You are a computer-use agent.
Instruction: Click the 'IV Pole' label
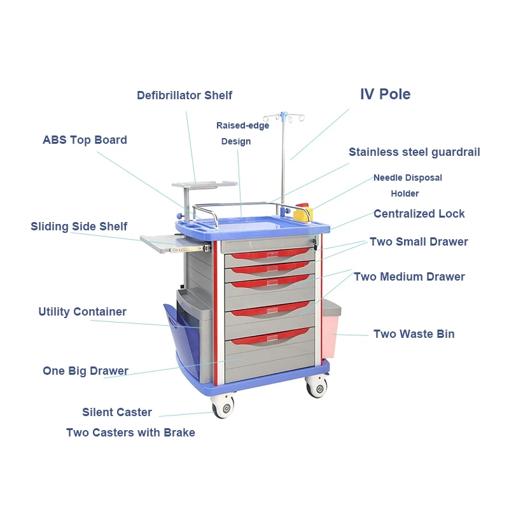pos(385,95)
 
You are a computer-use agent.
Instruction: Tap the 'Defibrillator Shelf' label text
pos(185,95)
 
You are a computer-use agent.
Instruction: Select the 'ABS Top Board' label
pos(85,140)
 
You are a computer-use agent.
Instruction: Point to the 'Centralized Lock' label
pos(419,214)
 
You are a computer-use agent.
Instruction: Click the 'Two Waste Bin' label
pos(414,334)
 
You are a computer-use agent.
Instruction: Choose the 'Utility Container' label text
pos(82,312)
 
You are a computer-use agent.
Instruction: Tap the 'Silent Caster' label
pos(117,412)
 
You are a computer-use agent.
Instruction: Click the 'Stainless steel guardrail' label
pos(414,152)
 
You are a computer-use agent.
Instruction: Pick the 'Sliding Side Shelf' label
pos(79,227)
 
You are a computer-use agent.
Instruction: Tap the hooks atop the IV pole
pos(284,118)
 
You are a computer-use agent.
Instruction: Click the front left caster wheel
pos(223,406)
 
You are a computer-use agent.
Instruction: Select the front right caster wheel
pos(316,386)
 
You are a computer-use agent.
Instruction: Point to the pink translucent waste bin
pos(331,334)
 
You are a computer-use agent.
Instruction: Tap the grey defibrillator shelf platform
pos(204,185)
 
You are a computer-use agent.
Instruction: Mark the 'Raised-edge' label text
pos(242,126)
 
